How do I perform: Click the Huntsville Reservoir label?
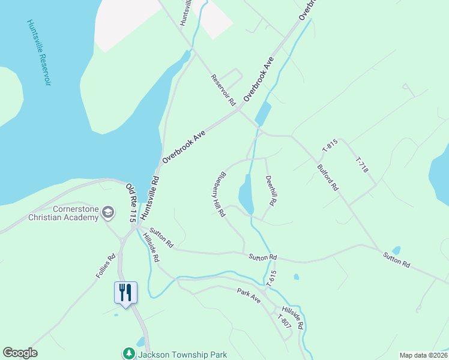point(38,52)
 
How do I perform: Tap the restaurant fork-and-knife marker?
point(125,293)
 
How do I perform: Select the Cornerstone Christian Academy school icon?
point(108,212)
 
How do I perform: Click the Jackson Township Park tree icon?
point(127,353)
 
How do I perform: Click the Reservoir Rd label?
point(223,90)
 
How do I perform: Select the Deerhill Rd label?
point(270,191)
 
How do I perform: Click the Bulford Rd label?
point(328,178)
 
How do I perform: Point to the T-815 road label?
point(330,145)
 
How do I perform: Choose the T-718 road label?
point(361,165)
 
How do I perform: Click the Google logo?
point(20,353)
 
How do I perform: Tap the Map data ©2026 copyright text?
point(423,355)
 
